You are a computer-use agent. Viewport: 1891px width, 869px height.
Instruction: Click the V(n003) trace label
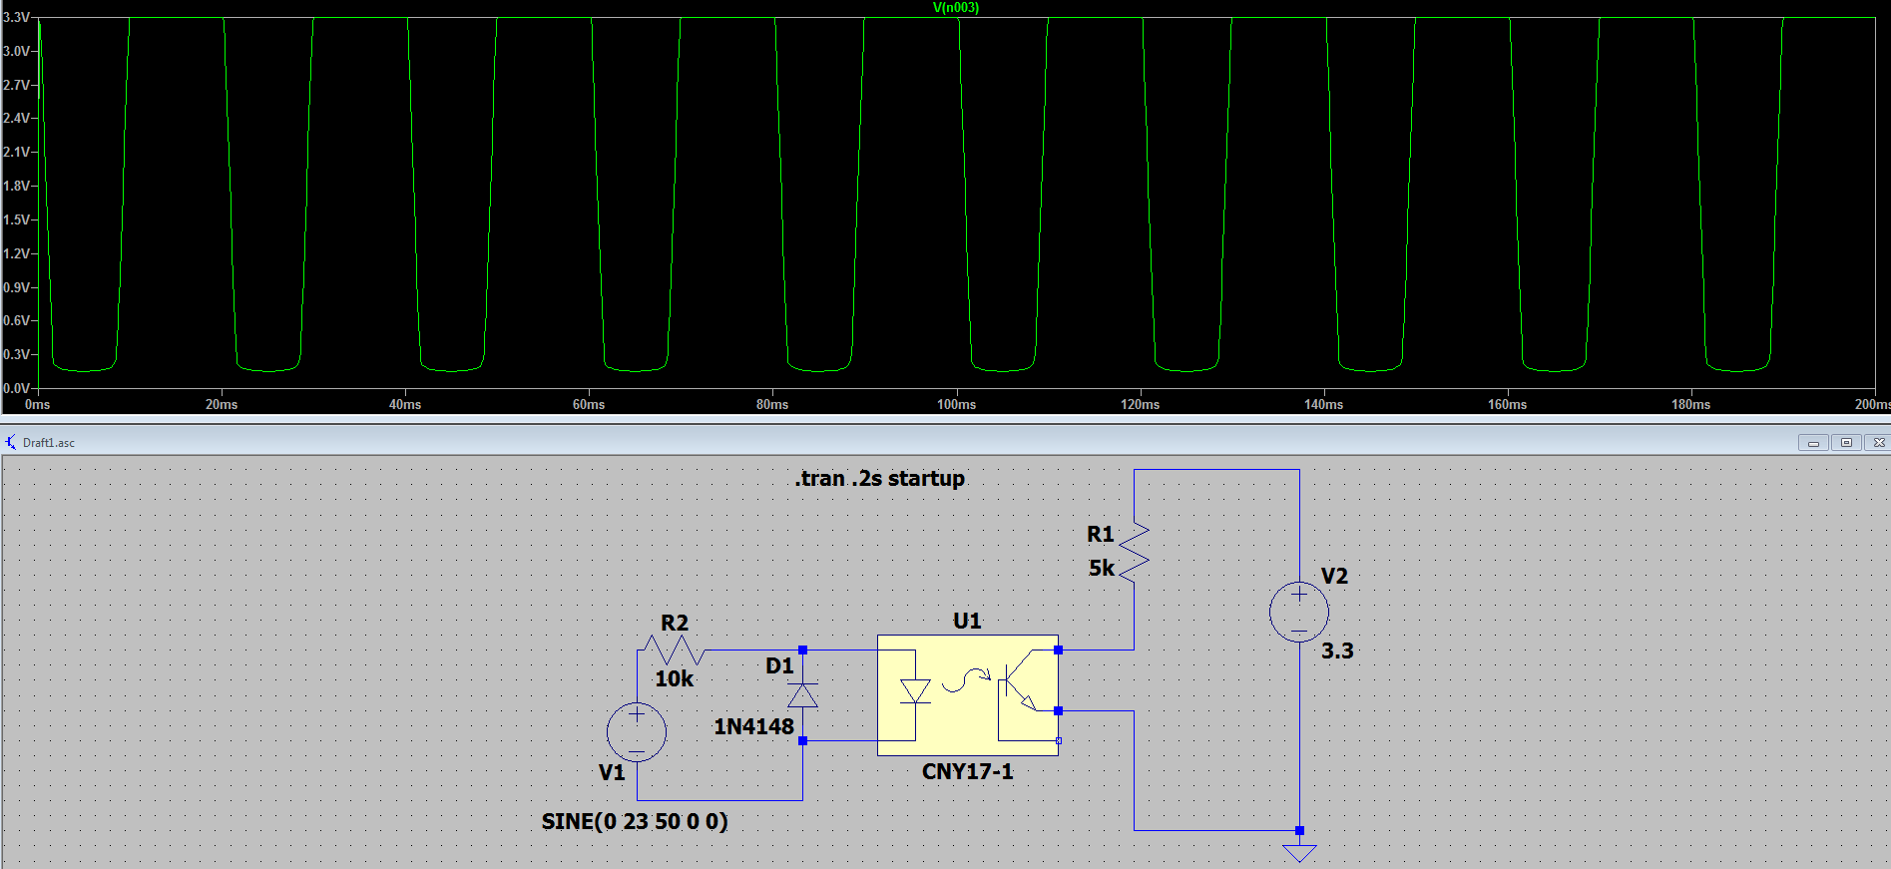pyautogui.click(x=955, y=8)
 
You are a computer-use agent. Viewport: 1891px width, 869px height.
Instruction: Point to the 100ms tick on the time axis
pyautogui.click(x=956, y=404)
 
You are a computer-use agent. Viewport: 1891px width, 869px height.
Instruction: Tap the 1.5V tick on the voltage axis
pyautogui.click(x=16, y=219)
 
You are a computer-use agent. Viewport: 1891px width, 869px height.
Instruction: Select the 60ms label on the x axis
pyautogui.click(x=589, y=404)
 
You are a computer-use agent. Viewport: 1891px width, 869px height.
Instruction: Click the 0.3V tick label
pyautogui.click(x=16, y=354)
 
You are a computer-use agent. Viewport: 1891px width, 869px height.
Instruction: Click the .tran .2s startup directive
pyautogui.click(x=879, y=479)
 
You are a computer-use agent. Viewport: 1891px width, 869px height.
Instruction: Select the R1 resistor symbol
pyautogui.click(x=1134, y=552)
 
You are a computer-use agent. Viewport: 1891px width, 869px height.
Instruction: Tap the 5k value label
pyautogui.click(x=1101, y=568)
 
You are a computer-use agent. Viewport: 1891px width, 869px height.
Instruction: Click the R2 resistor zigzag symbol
pyautogui.click(x=674, y=651)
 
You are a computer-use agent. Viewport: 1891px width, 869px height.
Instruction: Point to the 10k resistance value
pyautogui.click(x=674, y=678)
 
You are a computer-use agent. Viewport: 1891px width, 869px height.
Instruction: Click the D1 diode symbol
pyautogui.click(x=802, y=695)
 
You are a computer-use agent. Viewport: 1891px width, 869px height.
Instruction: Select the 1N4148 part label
pyautogui.click(x=753, y=726)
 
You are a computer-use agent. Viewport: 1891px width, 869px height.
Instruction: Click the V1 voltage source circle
pyautogui.click(x=637, y=731)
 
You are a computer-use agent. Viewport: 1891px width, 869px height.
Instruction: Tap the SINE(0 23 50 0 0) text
pyautogui.click(x=635, y=821)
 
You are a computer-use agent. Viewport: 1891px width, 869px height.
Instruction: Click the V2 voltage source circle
pyautogui.click(x=1298, y=612)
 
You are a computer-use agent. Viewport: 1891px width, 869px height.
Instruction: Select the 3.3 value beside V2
pyautogui.click(x=1337, y=652)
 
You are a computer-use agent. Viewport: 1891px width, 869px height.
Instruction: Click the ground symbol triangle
pyautogui.click(x=1299, y=853)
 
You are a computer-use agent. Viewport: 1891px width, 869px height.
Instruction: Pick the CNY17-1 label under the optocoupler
pyautogui.click(x=967, y=771)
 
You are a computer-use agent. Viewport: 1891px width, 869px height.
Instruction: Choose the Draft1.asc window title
pyautogui.click(x=49, y=443)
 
